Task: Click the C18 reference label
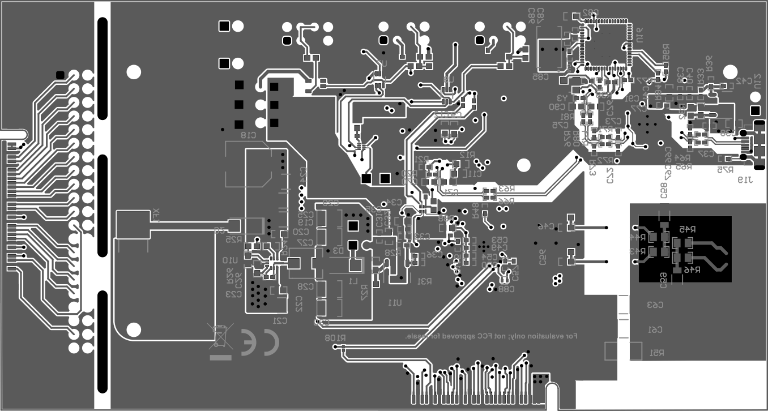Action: [248, 135]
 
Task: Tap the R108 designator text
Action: [335, 338]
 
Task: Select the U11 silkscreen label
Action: [395, 303]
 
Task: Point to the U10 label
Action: [229, 260]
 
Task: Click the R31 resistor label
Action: [425, 281]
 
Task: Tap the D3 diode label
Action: [338, 250]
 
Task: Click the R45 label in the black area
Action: [686, 229]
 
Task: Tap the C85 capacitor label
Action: [540, 76]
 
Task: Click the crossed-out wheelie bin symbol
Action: [220, 336]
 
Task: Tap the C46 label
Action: [547, 226]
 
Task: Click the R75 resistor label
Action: [726, 169]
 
